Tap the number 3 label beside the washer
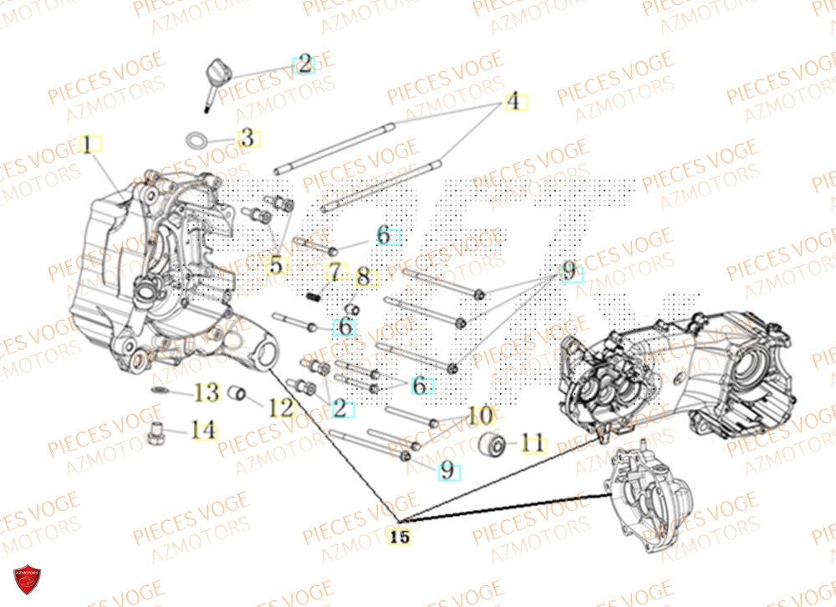click(x=246, y=138)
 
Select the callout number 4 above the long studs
click(x=513, y=102)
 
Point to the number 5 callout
click(x=275, y=266)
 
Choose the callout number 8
click(x=363, y=278)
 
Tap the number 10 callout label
click(x=481, y=415)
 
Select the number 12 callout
click(x=282, y=407)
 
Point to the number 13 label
click(x=206, y=391)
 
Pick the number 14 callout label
click(x=202, y=431)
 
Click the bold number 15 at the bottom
click(x=401, y=538)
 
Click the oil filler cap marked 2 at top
click(x=213, y=75)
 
